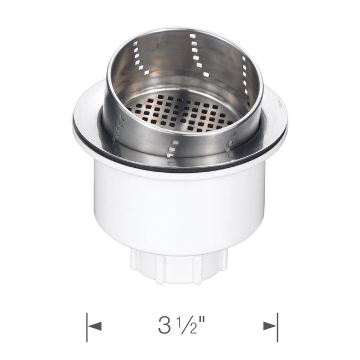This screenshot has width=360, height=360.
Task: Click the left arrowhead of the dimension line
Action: [95, 326]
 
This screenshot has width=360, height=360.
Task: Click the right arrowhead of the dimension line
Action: [270, 326]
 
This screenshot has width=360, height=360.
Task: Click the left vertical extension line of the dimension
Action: [87, 327]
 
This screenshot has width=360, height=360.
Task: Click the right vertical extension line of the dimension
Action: [277, 327]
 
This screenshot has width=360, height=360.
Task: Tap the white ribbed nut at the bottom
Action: [179, 267]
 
